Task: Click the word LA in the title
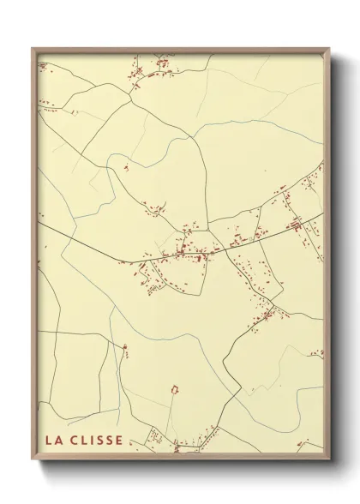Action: point(53,441)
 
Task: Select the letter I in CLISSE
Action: point(91,441)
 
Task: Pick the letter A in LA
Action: point(58,441)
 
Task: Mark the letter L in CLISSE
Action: point(82,441)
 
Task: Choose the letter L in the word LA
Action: point(49,441)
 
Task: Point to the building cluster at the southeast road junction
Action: point(267,315)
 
